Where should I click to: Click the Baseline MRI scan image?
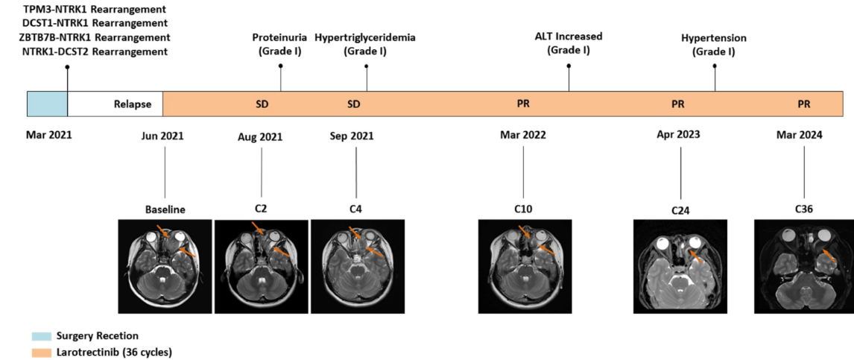[165, 266]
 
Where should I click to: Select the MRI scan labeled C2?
[261, 266]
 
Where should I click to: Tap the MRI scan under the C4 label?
[356, 266]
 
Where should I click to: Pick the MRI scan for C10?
[523, 266]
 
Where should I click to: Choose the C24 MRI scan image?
[680, 266]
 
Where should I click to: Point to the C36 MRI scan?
[803, 266]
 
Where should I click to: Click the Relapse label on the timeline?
[133, 104]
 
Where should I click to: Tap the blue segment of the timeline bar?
[47, 104]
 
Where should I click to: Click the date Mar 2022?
[523, 136]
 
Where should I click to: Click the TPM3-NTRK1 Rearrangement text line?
[93, 10]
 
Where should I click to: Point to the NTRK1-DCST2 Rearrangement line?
[93, 51]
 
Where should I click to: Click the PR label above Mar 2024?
[803, 104]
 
